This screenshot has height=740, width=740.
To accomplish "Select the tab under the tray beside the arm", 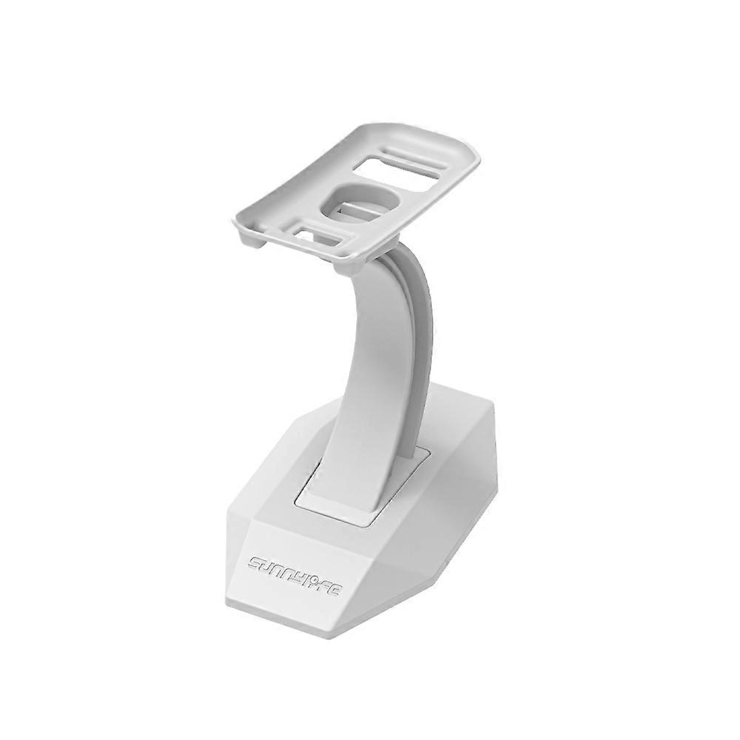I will pyautogui.click(x=341, y=265).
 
